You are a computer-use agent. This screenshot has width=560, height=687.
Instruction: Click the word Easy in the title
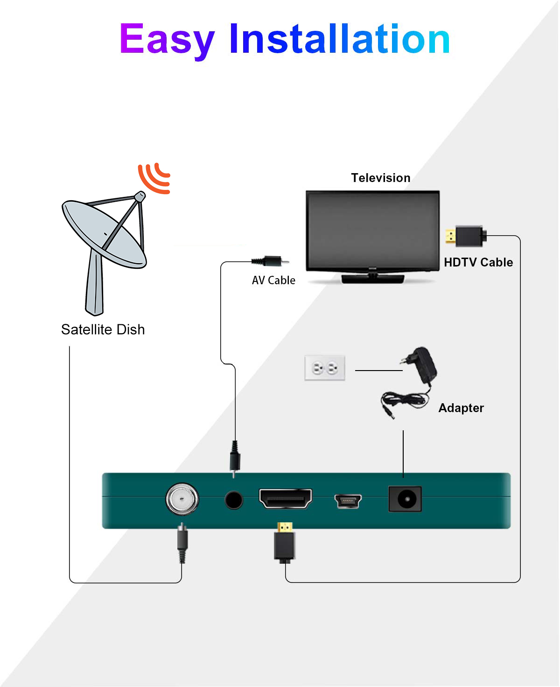click(x=167, y=40)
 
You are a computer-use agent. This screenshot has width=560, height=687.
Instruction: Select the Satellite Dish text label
click(x=103, y=329)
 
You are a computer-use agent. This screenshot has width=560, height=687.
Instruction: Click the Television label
click(x=380, y=178)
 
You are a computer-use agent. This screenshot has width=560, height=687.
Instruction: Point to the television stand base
click(x=372, y=279)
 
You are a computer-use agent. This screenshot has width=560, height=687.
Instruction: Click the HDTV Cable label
click(x=478, y=262)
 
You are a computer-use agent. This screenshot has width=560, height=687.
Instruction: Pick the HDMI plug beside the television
click(x=466, y=236)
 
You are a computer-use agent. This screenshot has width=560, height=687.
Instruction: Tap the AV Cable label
click(x=273, y=280)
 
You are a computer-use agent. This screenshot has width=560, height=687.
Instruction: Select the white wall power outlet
click(x=325, y=368)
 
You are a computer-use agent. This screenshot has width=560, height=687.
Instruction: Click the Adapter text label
click(x=461, y=408)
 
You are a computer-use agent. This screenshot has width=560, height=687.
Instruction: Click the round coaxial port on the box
click(x=182, y=499)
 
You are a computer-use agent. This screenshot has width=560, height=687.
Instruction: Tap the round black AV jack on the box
click(x=234, y=500)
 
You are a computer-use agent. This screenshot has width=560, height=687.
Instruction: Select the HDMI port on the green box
click(x=286, y=499)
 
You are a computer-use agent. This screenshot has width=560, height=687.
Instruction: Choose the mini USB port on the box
click(x=348, y=501)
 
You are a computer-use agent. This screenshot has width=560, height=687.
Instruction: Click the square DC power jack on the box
click(x=405, y=499)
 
